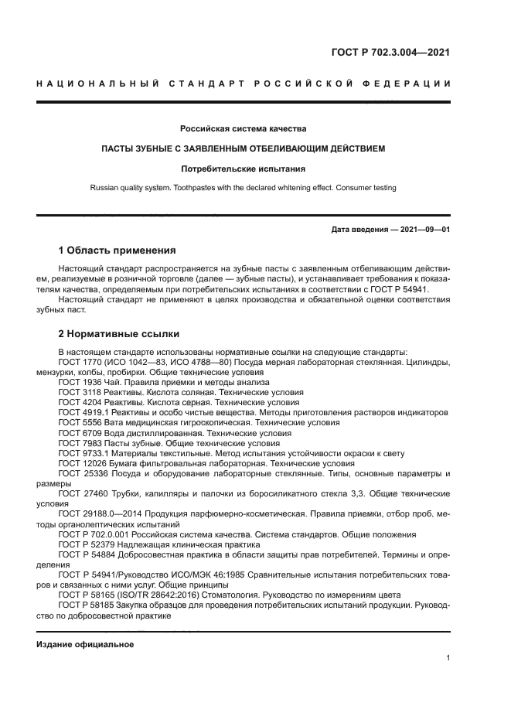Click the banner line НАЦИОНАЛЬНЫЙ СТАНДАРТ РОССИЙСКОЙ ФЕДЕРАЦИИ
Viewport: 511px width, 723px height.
click(244, 84)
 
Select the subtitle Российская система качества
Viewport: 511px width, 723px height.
click(244, 128)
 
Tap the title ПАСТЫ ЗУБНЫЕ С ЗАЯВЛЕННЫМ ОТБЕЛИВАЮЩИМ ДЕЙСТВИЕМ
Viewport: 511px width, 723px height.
click(244, 148)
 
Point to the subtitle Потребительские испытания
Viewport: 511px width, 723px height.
click(244, 168)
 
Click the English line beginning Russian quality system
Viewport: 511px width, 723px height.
click(244, 187)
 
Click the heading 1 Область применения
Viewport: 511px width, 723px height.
click(117, 251)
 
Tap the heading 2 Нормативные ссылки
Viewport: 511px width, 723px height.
click(120, 334)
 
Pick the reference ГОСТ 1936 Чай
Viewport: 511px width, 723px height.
click(163, 382)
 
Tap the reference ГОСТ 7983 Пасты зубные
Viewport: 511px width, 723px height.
click(169, 444)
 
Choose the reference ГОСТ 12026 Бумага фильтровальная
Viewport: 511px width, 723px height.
click(196, 464)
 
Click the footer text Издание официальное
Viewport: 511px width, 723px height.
click(85, 644)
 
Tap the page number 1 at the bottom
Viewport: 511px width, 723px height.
click(448, 658)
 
